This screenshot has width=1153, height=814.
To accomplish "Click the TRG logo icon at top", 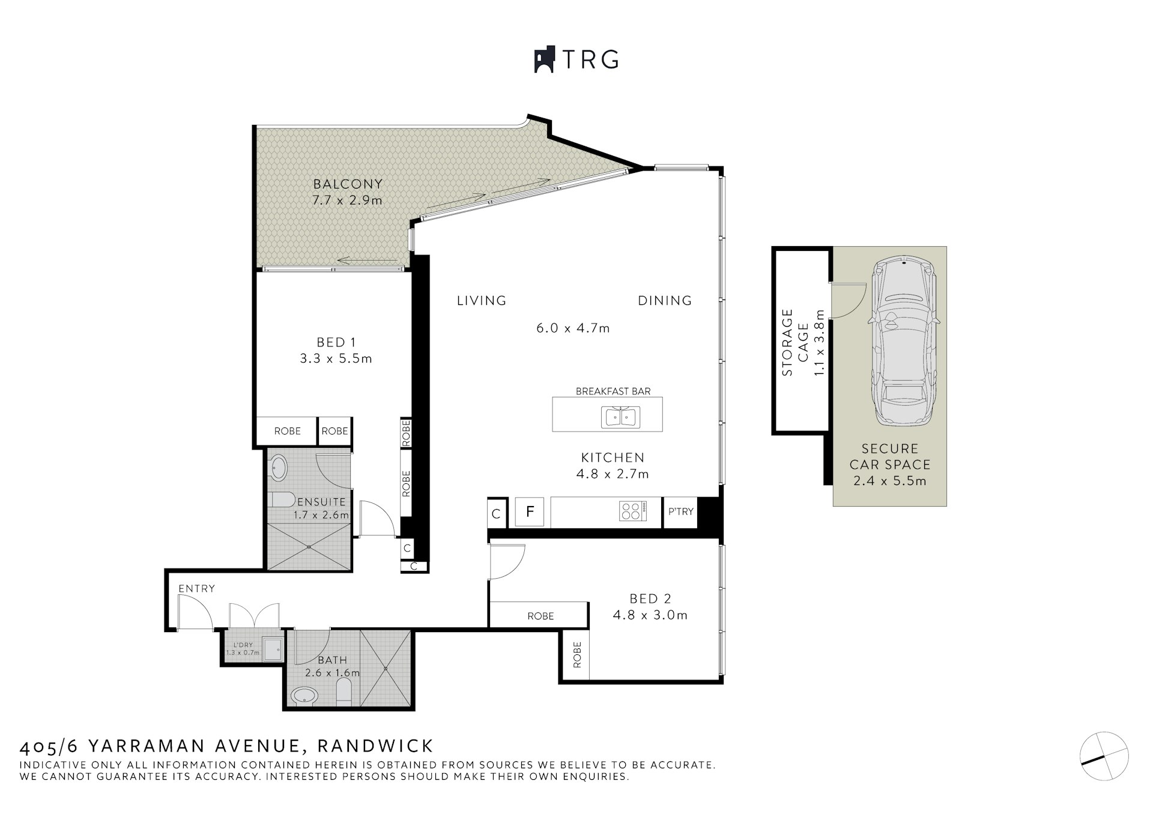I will [545, 59].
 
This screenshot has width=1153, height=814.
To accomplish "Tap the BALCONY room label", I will [347, 184].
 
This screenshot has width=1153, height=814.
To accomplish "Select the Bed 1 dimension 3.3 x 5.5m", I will [336, 359].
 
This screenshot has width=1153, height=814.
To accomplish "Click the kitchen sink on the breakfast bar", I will [620, 417].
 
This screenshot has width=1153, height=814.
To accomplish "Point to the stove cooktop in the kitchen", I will [632, 511].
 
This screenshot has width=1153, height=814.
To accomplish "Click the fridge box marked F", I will [530, 512].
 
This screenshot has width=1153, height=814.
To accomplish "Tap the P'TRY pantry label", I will [680, 511].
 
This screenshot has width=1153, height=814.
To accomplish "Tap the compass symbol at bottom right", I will [1104, 756].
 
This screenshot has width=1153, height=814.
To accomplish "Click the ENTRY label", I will [196, 588].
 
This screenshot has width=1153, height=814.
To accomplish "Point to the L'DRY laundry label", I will [243, 645].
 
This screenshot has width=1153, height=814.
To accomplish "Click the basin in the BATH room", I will [306, 696].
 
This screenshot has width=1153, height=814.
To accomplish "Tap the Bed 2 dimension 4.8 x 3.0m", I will [650, 615].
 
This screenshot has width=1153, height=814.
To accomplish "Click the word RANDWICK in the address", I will [375, 746].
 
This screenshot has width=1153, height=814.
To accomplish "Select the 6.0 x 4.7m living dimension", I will [572, 328].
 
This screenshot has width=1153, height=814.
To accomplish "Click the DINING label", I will [664, 301].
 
